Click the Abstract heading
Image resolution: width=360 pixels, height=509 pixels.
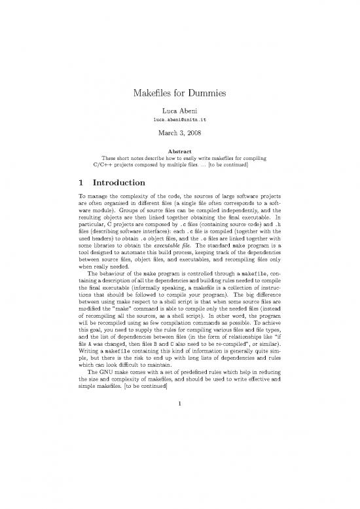(x=180, y=150)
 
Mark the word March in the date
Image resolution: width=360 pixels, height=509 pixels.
(x=167, y=136)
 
